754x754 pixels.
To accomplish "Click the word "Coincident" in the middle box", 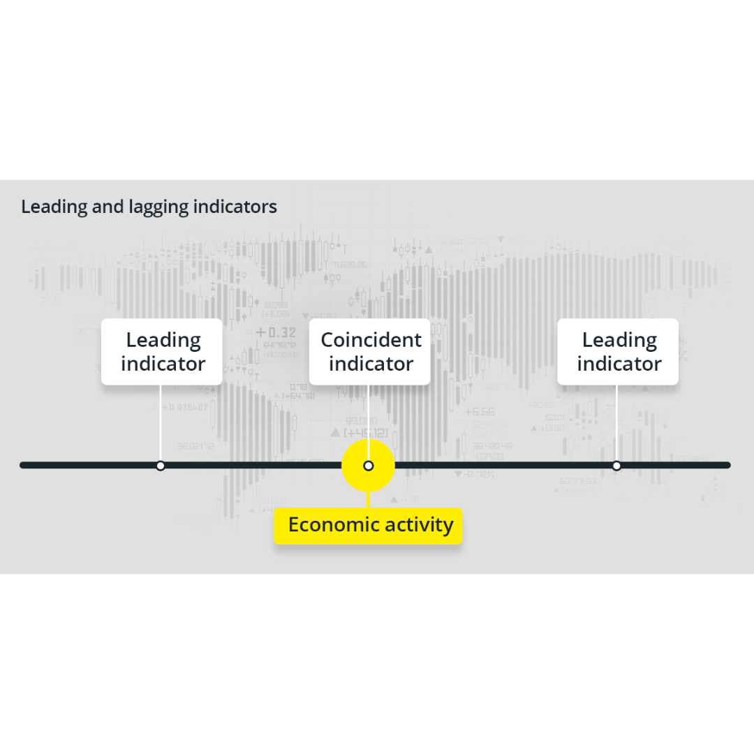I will coord(371,340).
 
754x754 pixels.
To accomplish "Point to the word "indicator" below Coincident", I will coord(371,364).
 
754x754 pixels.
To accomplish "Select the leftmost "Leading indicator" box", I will coord(162,352).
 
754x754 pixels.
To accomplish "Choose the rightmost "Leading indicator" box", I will coord(618,352).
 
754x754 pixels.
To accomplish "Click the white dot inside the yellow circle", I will coord(369,466).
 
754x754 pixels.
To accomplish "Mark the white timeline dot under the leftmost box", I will coord(161,466).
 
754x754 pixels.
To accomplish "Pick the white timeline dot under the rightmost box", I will coord(616,466).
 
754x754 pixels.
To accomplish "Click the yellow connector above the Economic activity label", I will coord(368,498).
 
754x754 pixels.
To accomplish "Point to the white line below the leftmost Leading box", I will coord(161,422).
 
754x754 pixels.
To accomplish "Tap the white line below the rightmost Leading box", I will coord(616,422).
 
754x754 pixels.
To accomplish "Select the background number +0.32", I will coord(276,332).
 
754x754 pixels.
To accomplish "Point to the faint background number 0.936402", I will coord(185,407).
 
